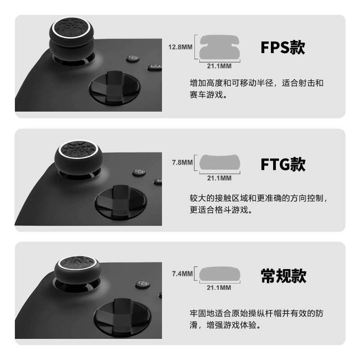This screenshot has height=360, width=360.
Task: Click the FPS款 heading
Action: click(283, 48)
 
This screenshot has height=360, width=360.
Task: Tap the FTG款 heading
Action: click(283, 164)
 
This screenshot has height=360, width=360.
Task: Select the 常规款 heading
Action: click(283, 276)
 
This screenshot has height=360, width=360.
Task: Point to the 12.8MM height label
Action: click(180, 47)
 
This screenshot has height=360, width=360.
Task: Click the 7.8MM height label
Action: click(182, 162)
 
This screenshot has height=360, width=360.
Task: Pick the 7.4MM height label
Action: click(182, 274)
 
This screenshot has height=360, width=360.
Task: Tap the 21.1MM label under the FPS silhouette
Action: click(219, 66)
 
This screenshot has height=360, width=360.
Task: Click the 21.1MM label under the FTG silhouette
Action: click(219, 178)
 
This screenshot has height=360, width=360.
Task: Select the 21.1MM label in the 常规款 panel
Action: click(219, 288)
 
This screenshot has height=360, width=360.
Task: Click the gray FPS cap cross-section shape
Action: click(220, 47)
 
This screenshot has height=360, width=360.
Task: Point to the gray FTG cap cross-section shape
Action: click(220, 163)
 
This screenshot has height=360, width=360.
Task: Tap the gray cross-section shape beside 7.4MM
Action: click(220, 274)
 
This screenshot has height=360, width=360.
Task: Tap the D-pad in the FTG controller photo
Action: click(120, 202)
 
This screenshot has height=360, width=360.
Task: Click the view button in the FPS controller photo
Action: click(133, 58)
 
